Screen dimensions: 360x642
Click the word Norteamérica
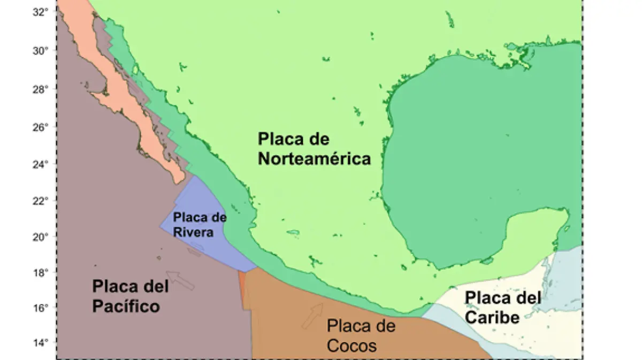pos(315,159)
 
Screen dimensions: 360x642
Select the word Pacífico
pos(126,307)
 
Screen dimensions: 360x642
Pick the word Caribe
pos(492,317)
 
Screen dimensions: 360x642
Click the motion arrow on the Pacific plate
pos(180,280)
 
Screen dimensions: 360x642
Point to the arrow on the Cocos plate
pos(313,315)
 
